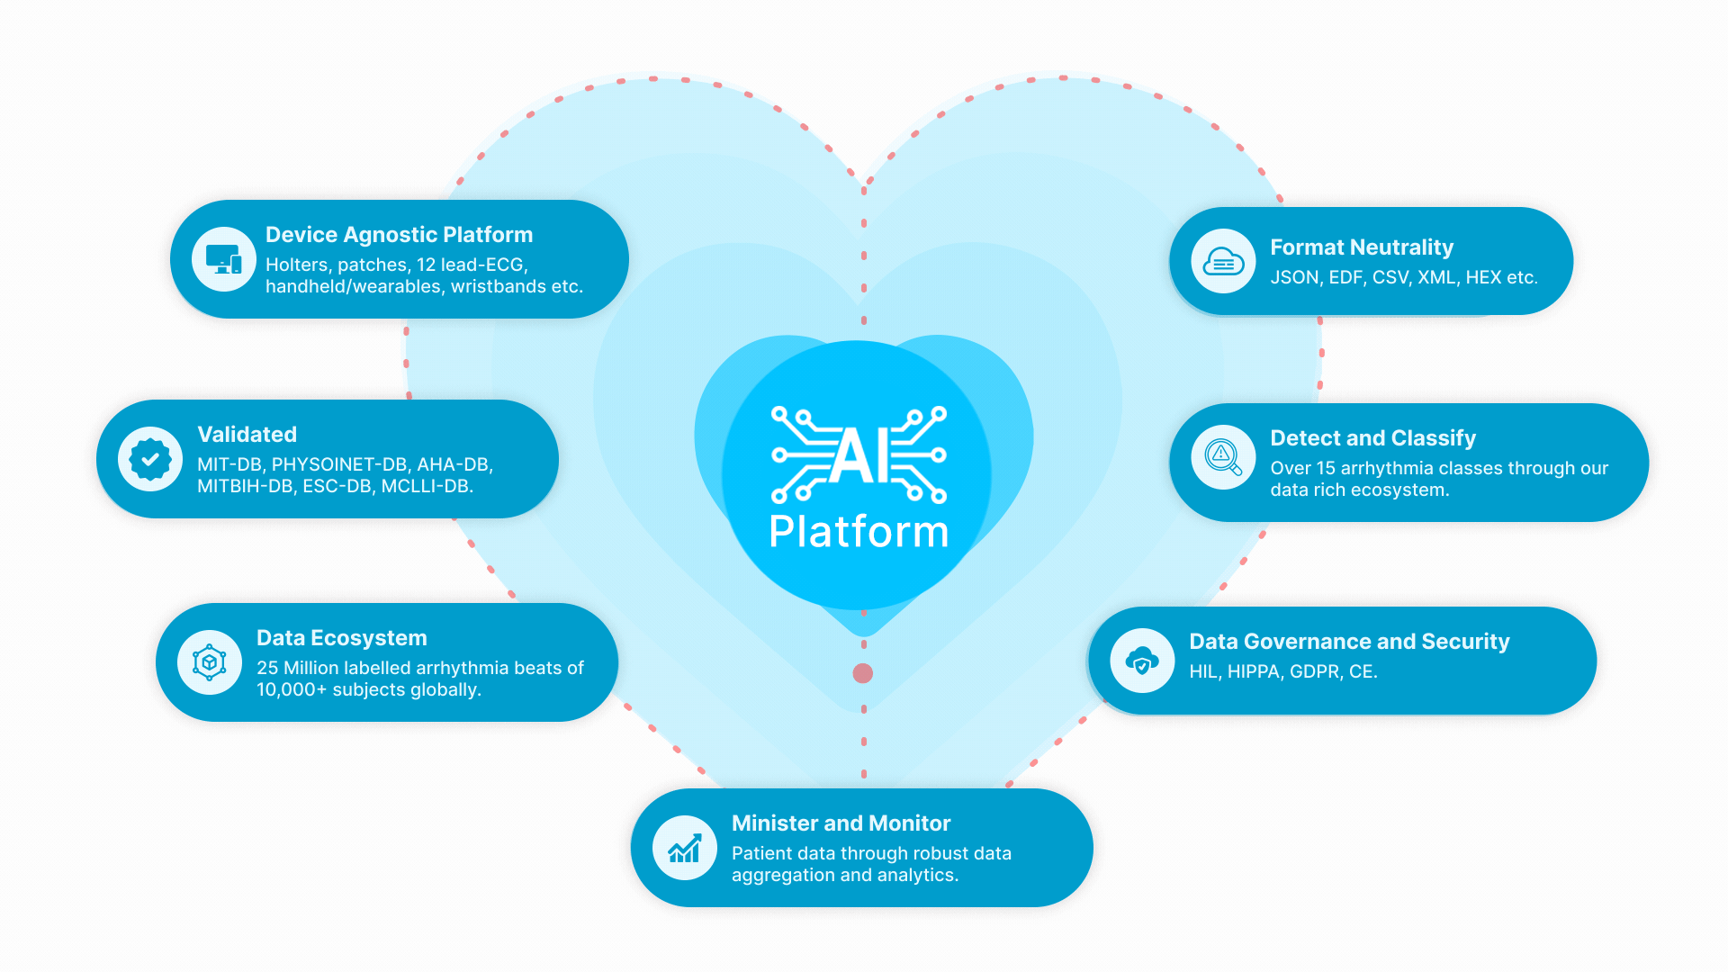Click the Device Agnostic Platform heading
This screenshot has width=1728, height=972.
pos(399,235)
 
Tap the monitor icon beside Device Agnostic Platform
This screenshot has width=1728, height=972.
pos(224,259)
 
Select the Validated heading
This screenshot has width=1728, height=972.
pos(247,435)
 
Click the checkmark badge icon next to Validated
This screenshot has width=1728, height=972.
pos(150,459)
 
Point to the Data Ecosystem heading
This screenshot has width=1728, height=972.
pos(341,638)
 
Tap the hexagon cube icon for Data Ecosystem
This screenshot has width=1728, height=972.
pos(210,662)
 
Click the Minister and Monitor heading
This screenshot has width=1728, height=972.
pos(841,823)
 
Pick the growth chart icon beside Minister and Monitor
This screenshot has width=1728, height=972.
pos(685,848)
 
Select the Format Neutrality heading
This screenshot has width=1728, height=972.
pos(1361,247)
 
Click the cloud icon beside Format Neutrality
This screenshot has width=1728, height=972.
pos(1223,261)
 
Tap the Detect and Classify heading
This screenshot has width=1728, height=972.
pos(1372,438)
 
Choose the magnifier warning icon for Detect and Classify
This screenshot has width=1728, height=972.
pos(1223,457)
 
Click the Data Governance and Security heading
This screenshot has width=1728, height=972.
pos(1349,642)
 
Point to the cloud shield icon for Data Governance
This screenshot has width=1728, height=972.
pos(1142,661)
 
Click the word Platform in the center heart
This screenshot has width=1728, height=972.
pos(859,532)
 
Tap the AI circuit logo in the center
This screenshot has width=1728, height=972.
pos(859,454)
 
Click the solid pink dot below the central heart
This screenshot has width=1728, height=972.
pos(862,673)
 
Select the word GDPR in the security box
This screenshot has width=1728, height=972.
pos(1314,672)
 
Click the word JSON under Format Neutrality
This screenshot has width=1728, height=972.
pos(1294,278)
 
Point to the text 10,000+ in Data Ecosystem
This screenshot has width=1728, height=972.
pos(291,690)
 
